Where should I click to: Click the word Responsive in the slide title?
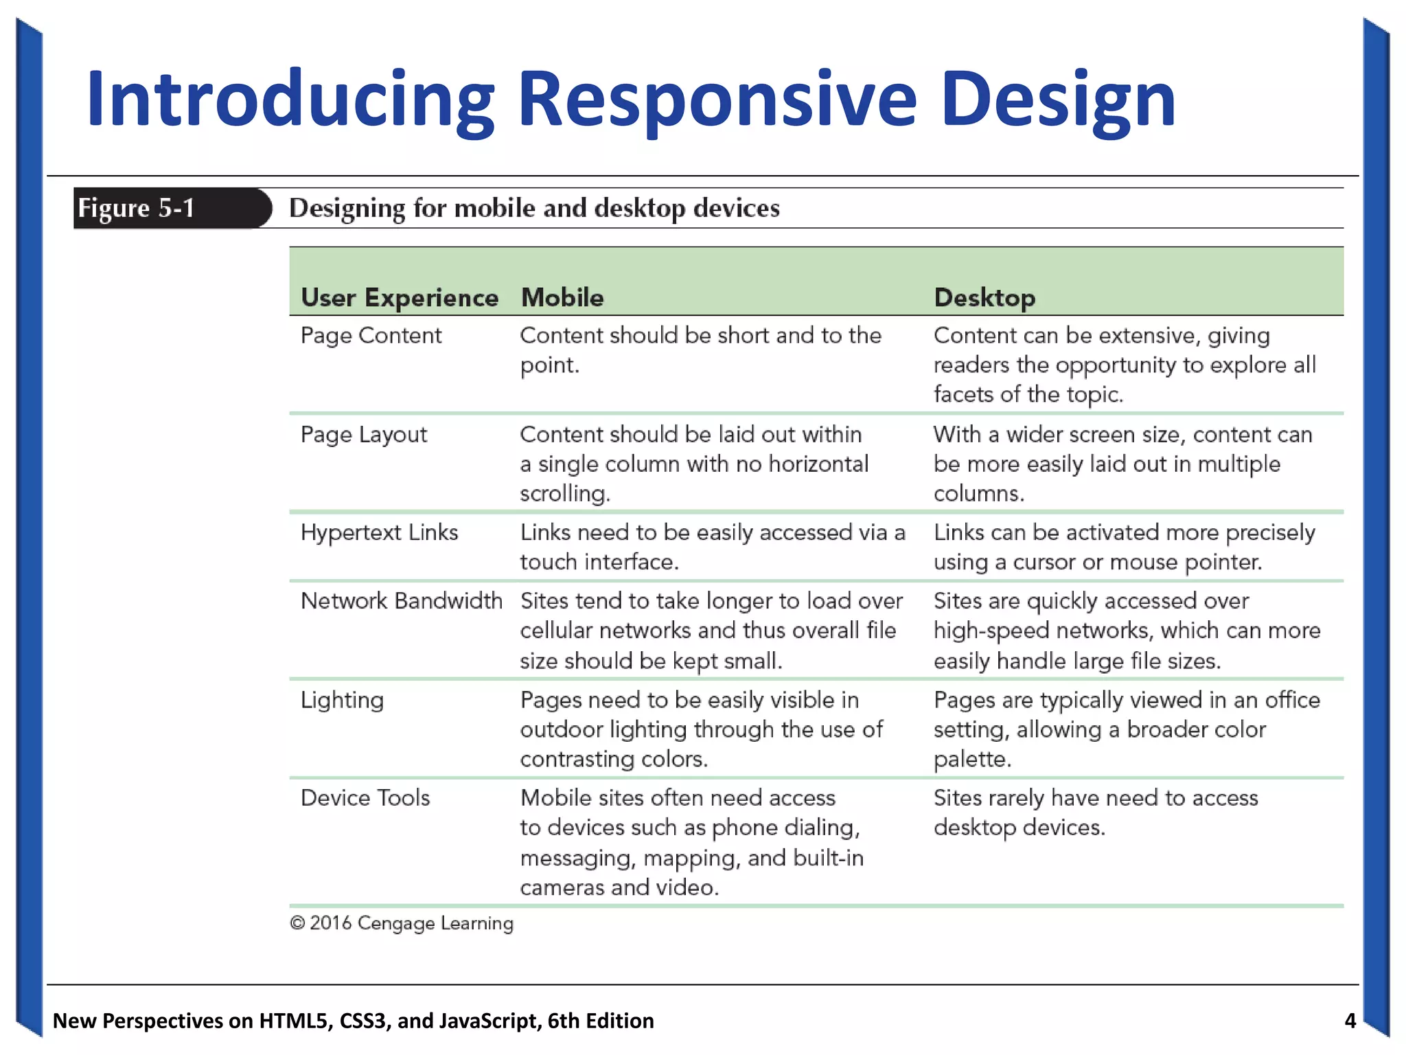717,100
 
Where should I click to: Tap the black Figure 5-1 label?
137,208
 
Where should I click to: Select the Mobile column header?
562,297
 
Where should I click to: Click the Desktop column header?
984,297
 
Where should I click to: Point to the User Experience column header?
400,297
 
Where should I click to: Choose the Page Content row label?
371,335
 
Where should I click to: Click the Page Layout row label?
364,434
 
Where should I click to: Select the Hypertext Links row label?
379,532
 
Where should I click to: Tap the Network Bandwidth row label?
401,600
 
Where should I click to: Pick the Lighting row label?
342,700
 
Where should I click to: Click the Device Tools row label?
365,797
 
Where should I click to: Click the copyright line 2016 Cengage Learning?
402,923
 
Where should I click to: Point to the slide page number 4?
1350,1021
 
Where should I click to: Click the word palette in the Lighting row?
972,759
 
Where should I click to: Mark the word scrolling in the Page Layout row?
564,494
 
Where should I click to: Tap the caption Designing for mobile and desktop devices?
534,208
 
